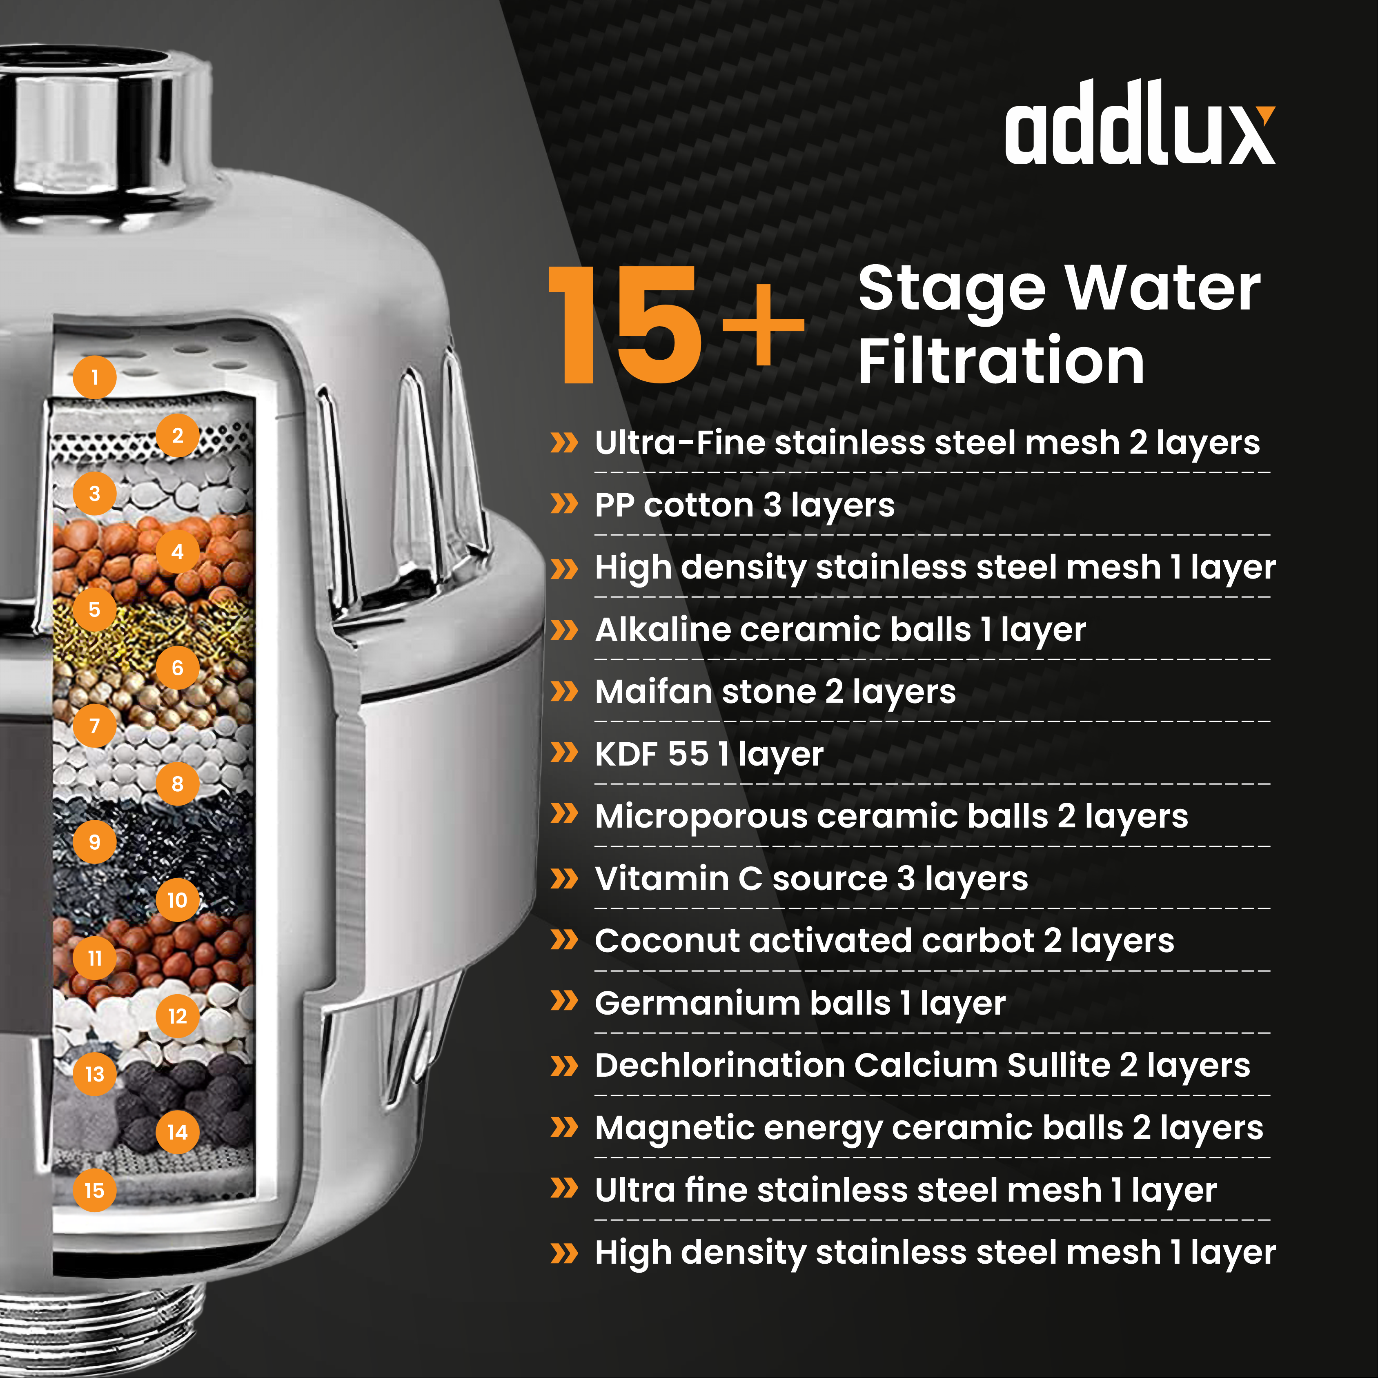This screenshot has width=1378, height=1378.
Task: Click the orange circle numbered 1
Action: [94, 377]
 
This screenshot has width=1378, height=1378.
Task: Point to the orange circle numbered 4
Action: [178, 551]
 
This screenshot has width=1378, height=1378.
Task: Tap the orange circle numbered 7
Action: [94, 726]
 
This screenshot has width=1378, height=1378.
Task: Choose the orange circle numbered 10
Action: [178, 900]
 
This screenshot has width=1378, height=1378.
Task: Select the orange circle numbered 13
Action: [94, 1074]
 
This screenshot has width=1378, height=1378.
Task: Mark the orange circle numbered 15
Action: [94, 1191]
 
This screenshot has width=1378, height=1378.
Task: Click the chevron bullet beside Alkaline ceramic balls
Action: [564, 630]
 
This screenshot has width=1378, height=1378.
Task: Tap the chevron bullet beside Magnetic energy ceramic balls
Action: [564, 1128]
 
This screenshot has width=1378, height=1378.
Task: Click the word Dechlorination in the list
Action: [720, 1066]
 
